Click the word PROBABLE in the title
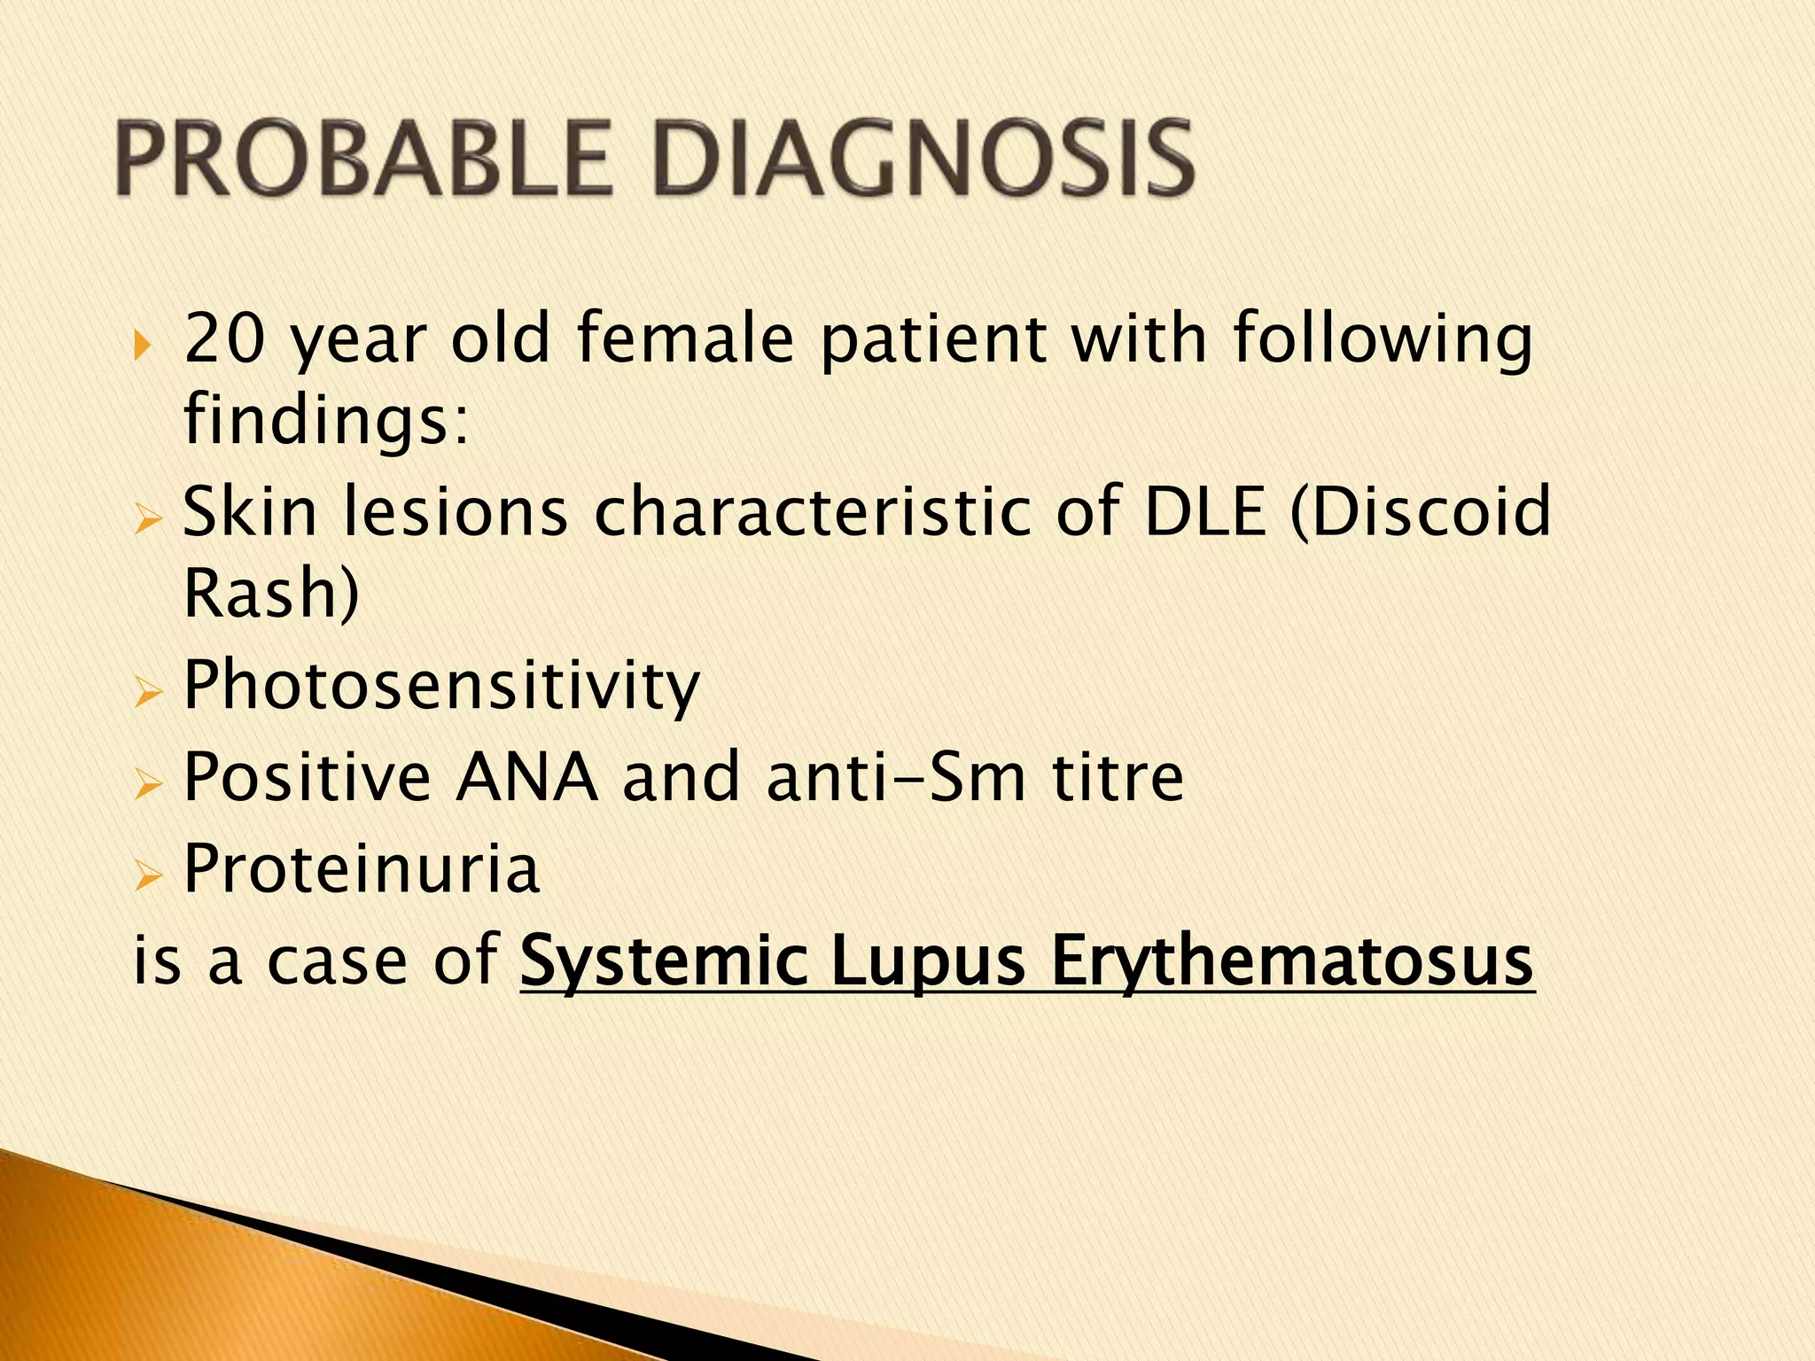(x=363, y=159)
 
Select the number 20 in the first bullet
(x=224, y=339)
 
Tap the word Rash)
(x=271, y=593)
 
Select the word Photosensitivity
(x=441, y=687)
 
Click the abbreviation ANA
(x=526, y=777)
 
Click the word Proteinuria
(x=362, y=869)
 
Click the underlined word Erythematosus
(x=1292, y=961)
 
